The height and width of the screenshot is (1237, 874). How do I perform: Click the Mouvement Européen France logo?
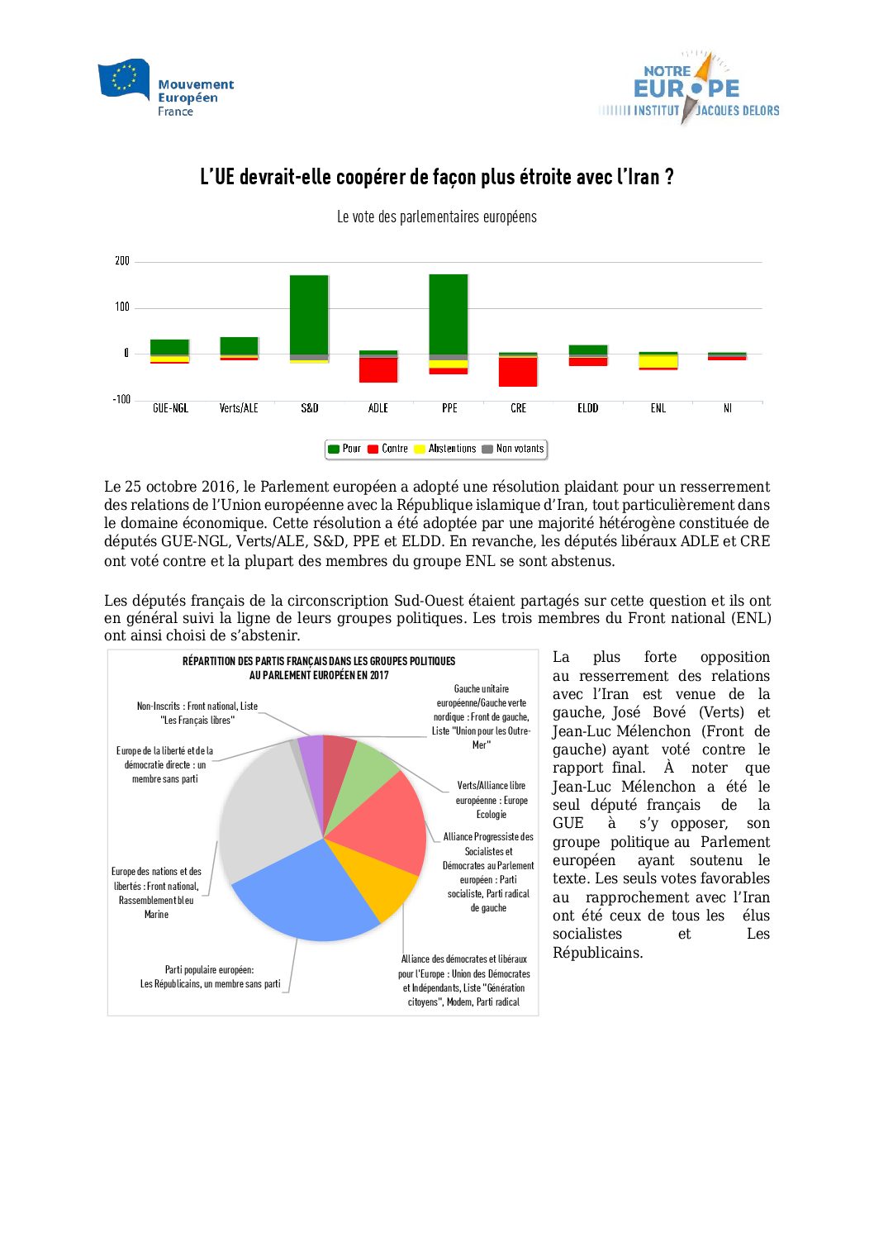click(166, 88)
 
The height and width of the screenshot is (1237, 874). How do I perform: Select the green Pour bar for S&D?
click(309, 314)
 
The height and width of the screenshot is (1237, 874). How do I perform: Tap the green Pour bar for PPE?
click(449, 314)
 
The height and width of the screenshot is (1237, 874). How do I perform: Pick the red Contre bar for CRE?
click(518, 372)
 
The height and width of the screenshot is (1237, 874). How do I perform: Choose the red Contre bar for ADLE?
click(378, 370)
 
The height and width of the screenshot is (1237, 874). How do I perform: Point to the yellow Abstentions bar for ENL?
click(658, 361)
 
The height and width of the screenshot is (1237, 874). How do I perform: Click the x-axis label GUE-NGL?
click(170, 408)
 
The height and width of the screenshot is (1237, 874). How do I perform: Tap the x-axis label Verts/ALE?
click(239, 408)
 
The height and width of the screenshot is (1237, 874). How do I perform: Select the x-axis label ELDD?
click(587, 408)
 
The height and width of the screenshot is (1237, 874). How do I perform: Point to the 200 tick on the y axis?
click(122, 261)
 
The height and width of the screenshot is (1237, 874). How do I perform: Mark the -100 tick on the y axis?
click(121, 400)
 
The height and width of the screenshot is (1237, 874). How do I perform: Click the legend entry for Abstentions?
click(445, 449)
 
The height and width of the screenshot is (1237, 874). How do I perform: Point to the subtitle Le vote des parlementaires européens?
click(436, 217)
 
